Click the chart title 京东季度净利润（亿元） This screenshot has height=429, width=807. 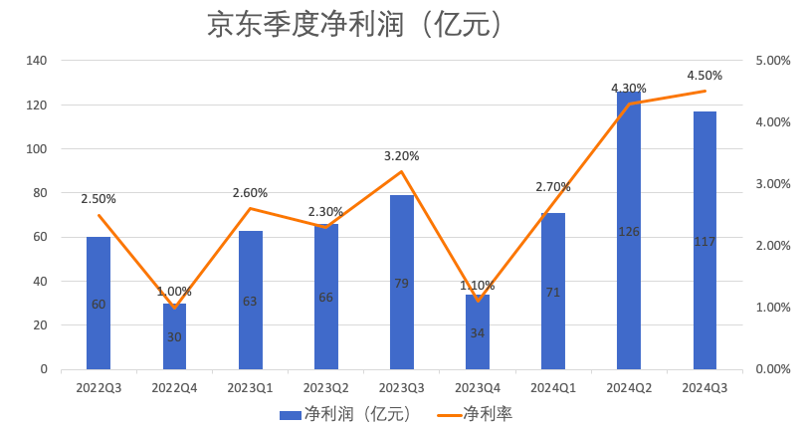pos(353,25)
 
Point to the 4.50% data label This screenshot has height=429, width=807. pos(705,75)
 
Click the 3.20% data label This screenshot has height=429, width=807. pos(402,156)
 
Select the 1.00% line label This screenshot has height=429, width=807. pos(174,292)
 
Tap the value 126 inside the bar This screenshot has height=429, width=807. pos(629,231)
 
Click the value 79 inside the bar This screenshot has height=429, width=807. pos(402,284)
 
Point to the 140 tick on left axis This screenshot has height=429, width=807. pos(36,61)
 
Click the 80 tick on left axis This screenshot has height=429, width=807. pos(39,193)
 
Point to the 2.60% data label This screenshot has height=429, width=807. pos(250,193)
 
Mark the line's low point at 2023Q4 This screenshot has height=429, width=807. pos(478,301)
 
